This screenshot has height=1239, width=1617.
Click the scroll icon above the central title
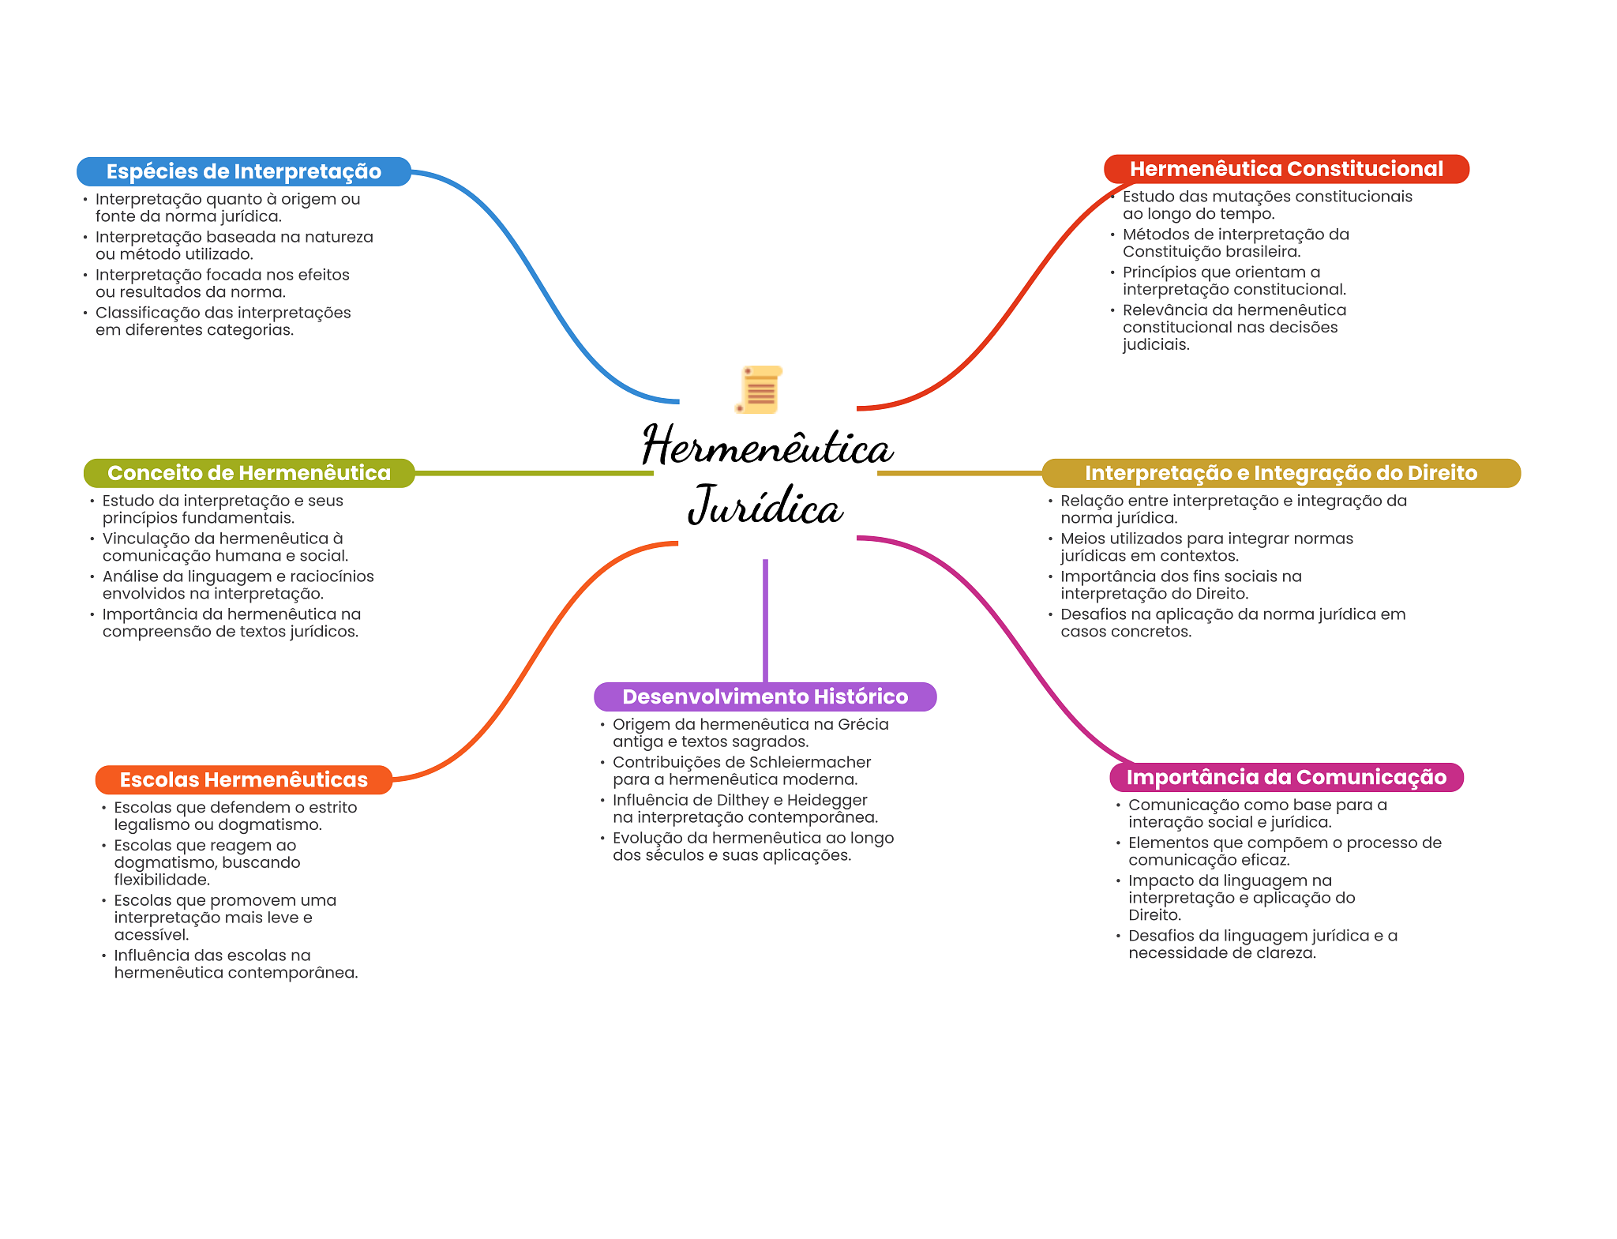point(760,389)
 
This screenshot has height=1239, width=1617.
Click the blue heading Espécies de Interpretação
point(243,171)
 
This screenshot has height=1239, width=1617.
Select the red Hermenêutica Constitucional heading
point(1285,169)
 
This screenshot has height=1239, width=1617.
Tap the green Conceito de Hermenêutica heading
point(249,473)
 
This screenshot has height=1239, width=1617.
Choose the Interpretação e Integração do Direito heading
point(1280,473)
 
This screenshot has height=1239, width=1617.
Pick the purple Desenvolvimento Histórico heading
point(764,696)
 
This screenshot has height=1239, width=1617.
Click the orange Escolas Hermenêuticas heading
point(243,779)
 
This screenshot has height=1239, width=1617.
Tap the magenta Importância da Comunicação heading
point(1285,777)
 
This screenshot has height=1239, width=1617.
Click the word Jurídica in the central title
point(766,505)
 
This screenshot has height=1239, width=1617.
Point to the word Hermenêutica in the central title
point(767,446)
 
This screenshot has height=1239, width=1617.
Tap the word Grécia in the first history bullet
point(863,724)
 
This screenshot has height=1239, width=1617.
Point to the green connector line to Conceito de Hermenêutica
point(534,473)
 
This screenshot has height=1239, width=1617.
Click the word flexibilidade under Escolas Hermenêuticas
point(161,880)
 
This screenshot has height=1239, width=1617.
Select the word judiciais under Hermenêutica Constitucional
point(1155,344)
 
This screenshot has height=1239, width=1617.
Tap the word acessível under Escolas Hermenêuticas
point(151,935)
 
